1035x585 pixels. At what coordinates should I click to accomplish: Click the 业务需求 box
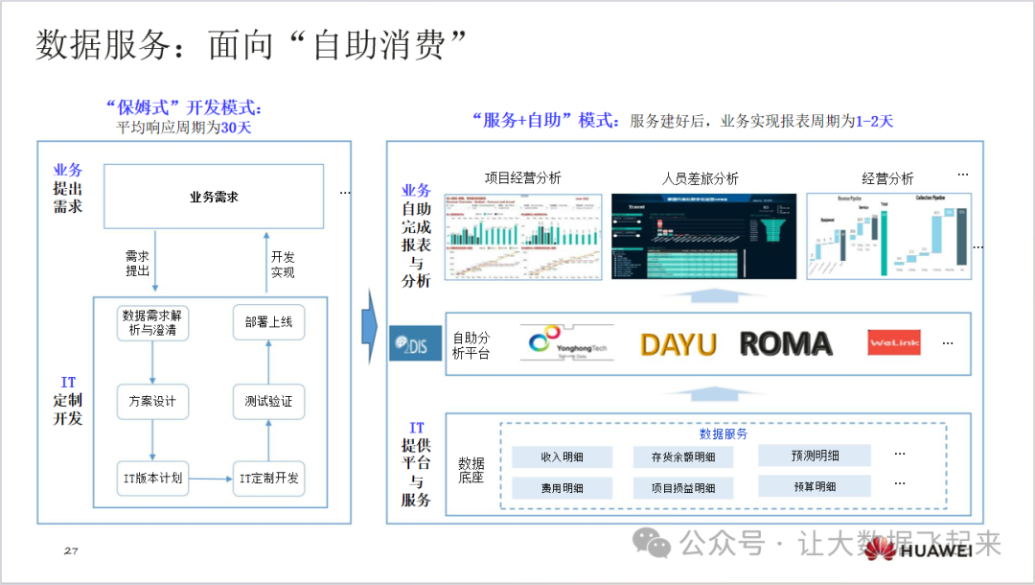click(213, 197)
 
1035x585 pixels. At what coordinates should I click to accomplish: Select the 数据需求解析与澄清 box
click(153, 322)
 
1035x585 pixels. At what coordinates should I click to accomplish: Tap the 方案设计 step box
click(153, 401)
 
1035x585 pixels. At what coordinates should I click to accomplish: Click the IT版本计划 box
click(153, 478)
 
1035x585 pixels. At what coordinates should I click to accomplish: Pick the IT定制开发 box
click(268, 478)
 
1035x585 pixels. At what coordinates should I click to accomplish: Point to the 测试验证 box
click(268, 401)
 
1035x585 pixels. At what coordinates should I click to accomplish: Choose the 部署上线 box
click(268, 322)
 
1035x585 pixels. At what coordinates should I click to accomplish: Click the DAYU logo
click(678, 344)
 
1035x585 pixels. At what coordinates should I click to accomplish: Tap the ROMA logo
click(786, 344)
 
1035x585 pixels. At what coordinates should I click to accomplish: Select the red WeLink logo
click(893, 342)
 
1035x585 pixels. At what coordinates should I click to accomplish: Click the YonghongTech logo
click(565, 343)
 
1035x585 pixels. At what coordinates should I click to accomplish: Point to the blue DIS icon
click(415, 343)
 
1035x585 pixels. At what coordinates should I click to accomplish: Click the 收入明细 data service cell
click(563, 457)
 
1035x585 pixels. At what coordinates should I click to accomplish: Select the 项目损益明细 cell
click(683, 488)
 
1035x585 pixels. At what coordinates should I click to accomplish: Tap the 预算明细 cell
click(815, 486)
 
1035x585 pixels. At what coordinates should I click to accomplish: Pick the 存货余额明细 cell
click(683, 457)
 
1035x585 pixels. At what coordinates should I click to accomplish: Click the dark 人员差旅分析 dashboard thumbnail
click(703, 236)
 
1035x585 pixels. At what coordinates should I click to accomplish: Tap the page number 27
click(71, 550)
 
